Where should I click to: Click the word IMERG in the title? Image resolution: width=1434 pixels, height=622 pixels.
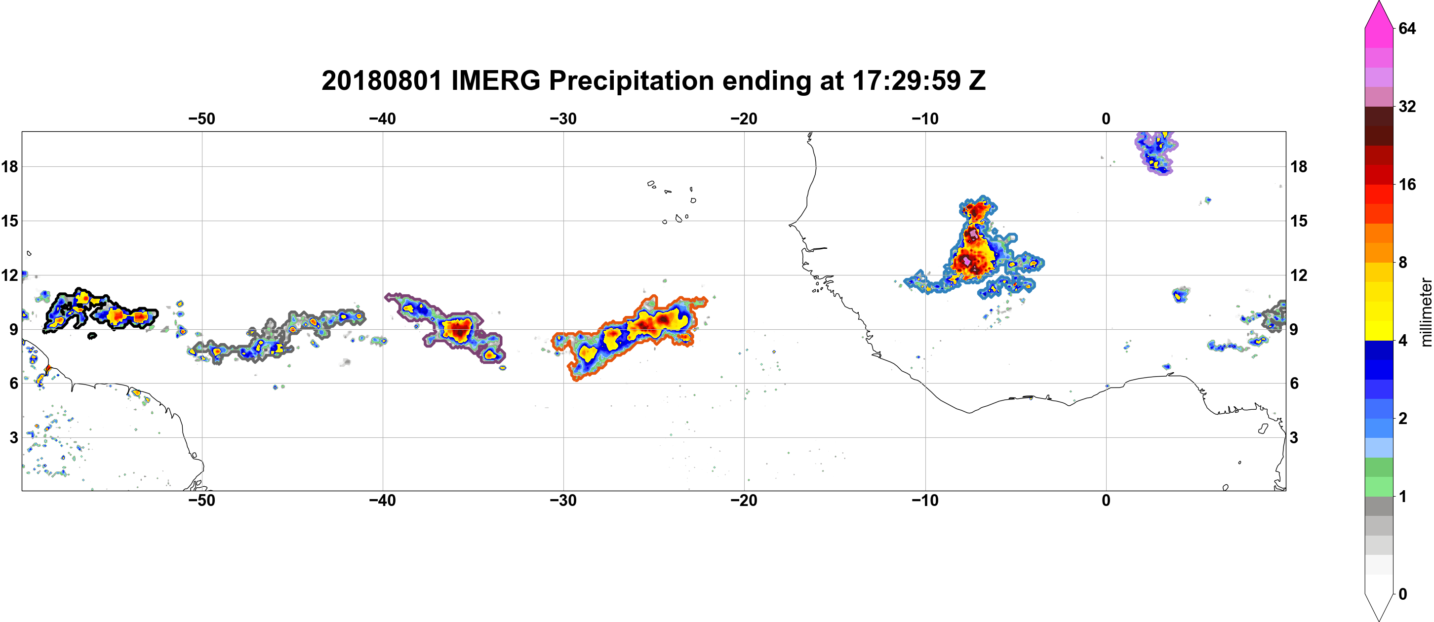[495, 80]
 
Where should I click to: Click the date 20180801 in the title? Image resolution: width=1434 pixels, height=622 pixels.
[382, 80]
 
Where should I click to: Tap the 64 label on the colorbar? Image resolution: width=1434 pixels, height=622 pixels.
[1407, 28]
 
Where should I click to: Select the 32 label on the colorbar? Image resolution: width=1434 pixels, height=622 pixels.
[1407, 106]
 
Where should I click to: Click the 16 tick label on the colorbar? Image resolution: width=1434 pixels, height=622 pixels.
[1407, 184]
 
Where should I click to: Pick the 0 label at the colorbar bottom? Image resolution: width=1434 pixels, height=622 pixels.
[1402, 594]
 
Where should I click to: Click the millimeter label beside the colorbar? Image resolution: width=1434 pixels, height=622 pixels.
[1425, 312]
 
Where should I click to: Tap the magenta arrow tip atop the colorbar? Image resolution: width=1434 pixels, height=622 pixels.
[1378, 2]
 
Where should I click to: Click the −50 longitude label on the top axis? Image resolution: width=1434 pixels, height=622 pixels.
[201, 118]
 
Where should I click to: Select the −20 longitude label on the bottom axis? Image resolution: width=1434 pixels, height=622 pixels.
[744, 500]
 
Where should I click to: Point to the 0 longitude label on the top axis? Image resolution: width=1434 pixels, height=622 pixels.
[1106, 118]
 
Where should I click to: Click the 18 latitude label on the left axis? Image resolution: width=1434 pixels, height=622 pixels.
[9, 166]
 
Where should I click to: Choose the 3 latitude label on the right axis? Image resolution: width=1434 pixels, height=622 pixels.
[1294, 437]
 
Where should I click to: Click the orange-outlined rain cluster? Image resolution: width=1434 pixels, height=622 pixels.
[630, 337]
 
